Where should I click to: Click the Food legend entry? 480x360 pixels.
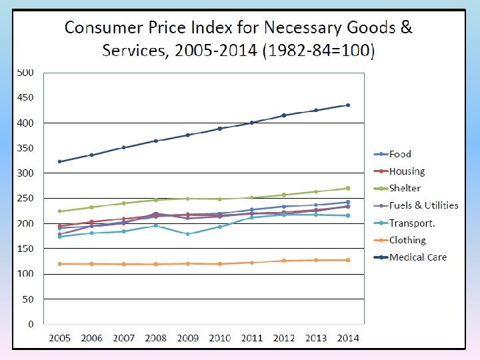(x=400, y=155)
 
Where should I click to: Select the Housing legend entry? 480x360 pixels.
(x=407, y=171)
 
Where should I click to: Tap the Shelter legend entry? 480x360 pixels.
(x=405, y=189)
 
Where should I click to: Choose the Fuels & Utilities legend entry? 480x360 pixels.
(x=423, y=205)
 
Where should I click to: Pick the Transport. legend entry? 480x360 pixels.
(x=412, y=223)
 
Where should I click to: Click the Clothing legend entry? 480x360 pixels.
(x=407, y=240)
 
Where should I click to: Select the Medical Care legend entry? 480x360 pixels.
(x=418, y=257)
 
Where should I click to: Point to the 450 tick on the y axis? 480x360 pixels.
(x=25, y=97)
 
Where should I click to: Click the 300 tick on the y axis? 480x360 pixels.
(x=25, y=173)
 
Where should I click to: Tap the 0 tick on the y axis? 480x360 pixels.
(x=31, y=325)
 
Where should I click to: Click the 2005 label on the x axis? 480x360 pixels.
(x=60, y=338)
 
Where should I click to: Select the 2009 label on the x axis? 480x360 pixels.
(x=188, y=338)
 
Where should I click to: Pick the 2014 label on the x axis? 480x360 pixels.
(x=347, y=338)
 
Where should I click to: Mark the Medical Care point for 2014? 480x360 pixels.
(x=347, y=105)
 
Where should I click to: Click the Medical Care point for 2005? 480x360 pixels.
(x=60, y=161)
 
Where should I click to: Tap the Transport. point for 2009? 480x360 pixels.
(x=188, y=234)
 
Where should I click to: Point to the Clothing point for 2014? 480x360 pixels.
(x=347, y=260)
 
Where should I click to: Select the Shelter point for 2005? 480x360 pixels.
(x=60, y=211)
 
